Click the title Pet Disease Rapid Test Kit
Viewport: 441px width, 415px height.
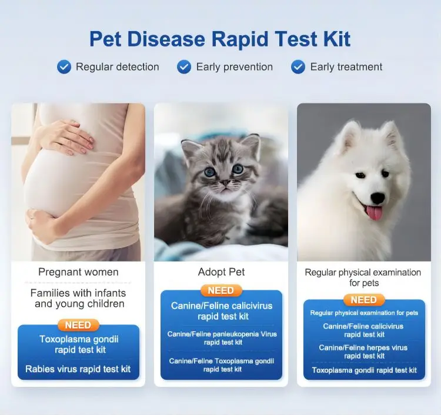220,39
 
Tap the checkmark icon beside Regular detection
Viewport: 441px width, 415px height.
64,66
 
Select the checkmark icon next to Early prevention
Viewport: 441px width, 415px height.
184,66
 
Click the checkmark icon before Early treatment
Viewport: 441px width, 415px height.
298,66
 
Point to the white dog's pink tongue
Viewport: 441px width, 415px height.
374,212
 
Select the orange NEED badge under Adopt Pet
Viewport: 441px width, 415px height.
220,290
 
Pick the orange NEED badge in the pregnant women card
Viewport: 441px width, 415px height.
78,325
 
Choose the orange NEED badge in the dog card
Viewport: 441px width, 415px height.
363,300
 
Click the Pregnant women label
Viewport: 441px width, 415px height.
78,272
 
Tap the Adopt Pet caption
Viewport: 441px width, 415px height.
221,272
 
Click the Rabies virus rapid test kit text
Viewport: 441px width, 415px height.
78,370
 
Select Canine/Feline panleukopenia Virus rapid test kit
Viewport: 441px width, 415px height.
222,338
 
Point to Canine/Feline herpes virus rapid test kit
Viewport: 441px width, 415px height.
363,352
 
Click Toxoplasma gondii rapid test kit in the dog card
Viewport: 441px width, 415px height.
364,370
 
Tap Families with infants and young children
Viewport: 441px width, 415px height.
78,298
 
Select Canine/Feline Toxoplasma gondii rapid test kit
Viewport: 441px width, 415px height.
222,365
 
